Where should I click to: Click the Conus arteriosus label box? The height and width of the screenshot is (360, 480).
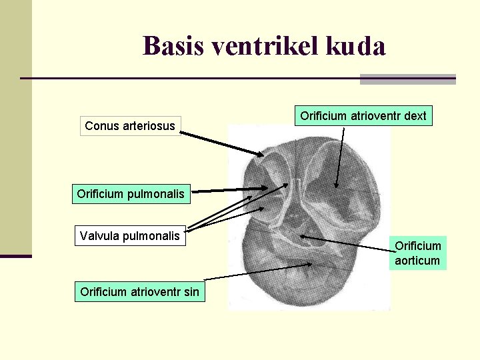(130, 125)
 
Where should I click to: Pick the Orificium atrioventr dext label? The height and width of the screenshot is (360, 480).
(363, 116)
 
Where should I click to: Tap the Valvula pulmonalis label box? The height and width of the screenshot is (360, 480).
(129, 235)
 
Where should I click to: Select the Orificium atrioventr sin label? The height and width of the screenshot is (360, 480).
(139, 291)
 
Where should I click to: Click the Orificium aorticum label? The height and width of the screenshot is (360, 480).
(417, 253)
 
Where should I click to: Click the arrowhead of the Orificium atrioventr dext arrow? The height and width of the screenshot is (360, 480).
(337, 185)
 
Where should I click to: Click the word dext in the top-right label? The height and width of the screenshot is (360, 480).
(415, 116)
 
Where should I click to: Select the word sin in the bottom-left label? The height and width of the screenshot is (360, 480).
(191, 291)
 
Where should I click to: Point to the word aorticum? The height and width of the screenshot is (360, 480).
(417, 261)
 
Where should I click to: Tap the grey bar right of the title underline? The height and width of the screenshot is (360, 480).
(407, 79)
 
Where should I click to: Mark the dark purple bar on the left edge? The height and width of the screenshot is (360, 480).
(15, 255)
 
